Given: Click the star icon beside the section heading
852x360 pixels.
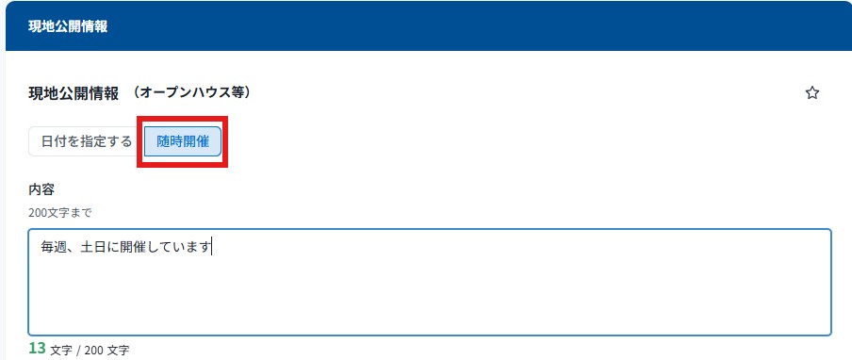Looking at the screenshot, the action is (811, 93).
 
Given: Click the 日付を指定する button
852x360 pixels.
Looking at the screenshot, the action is (87, 141).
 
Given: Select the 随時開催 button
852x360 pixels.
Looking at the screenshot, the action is (183, 141).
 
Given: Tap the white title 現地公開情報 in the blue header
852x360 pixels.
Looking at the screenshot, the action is (68, 27).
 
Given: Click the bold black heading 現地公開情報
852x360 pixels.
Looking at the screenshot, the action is (74, 93).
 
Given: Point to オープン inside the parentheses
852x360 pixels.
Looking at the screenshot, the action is (164, 93).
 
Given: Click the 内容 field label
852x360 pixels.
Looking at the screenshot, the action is (41, 189).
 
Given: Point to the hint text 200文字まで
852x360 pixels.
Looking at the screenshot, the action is (59, 213).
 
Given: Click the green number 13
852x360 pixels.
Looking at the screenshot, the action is (37, 348).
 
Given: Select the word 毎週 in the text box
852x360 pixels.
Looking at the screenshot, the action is (53, 248).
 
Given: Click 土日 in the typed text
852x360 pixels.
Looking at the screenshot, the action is (92, 248).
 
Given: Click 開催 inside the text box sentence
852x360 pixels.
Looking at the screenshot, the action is (132, 248).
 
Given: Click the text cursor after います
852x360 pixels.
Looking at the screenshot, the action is (212, 248).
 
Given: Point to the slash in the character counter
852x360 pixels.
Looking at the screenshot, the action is (78, 351).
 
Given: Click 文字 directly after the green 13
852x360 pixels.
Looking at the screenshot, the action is (61, 351).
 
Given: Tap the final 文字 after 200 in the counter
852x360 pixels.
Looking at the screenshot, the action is (118, 351).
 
